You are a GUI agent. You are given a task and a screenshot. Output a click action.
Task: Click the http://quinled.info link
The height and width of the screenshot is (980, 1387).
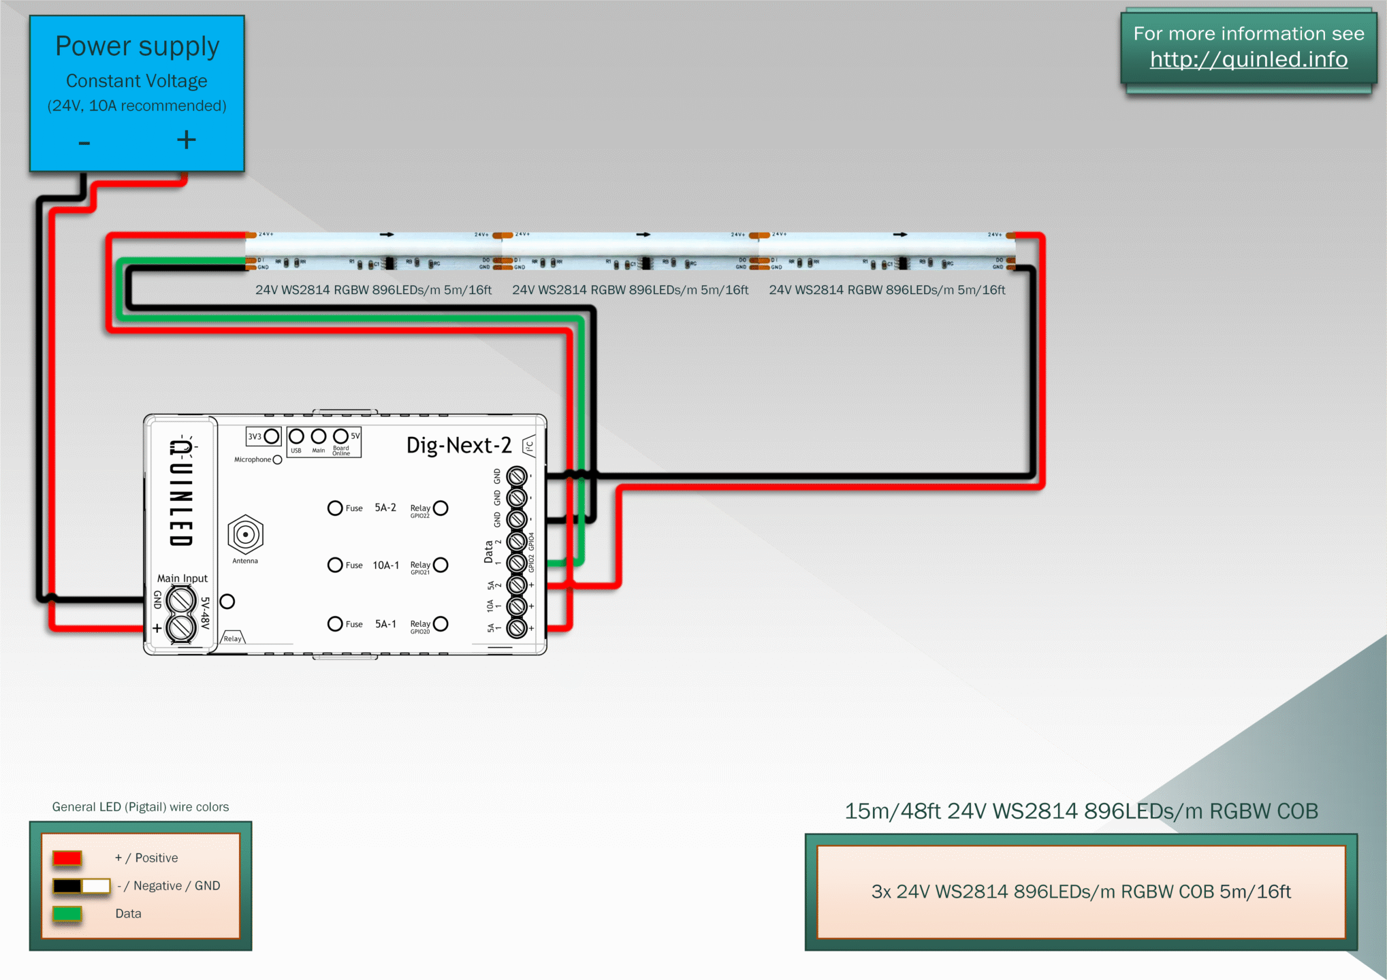pyautogui.click(x=1248, y=60)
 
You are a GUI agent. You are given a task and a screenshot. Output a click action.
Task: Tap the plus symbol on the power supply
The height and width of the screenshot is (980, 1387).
pyautogui.click(x=186, y=140)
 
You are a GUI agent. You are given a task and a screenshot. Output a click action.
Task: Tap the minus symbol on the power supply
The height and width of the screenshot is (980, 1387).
pyautogui.click(x=84, y=143)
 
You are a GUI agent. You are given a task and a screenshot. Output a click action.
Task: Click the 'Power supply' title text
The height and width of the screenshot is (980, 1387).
pyautogui.click(x=137, y=46)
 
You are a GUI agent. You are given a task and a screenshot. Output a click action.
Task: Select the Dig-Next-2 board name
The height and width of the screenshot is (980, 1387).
pyautogui.click(x=458, y=445)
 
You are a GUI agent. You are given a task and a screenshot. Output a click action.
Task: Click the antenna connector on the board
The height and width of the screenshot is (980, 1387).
pyautogui.click(x=245, y=535)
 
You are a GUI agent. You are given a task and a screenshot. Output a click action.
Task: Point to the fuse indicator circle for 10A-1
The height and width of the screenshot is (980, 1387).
pyautogui.click(x=335, y=565)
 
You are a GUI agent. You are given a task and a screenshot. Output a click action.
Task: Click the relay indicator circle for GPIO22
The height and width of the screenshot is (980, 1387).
pyautogui.click(x=441, y=508)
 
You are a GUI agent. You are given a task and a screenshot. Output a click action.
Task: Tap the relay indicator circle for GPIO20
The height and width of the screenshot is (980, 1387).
pyautogui.click(x=441, y=623)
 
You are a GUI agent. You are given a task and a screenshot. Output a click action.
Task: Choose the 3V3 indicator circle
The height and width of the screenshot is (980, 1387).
pyautogui.click(x=272, y=436)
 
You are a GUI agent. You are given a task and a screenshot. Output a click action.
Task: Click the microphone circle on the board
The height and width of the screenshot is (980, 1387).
pyautogui.click(x=277, y=460)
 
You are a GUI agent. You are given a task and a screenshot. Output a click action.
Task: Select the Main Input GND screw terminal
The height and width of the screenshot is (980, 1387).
pyautogui.click(x=181, y=600)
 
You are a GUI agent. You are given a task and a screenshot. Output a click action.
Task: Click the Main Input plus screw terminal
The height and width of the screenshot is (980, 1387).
pyautogui.click(x=181, y=627)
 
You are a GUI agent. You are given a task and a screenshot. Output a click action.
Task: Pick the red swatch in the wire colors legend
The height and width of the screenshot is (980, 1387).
pyautogui.click(x=67, y=858)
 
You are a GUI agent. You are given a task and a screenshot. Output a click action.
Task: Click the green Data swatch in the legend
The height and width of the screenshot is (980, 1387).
pyautogui.click(x=67, y=913)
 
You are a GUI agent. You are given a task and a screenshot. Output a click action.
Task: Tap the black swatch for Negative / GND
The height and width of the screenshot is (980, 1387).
pyautogui.click(x=67, y=885)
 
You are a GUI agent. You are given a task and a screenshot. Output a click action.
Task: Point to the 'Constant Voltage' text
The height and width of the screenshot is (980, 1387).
pyautogui.click(x=137, y=81)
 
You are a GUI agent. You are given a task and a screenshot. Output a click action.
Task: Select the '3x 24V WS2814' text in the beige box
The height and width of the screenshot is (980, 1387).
pyautogui.click(x=1081, y=892)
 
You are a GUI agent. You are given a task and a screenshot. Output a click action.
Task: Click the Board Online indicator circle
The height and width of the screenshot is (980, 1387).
pyautogui.click(x=340, y=436)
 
